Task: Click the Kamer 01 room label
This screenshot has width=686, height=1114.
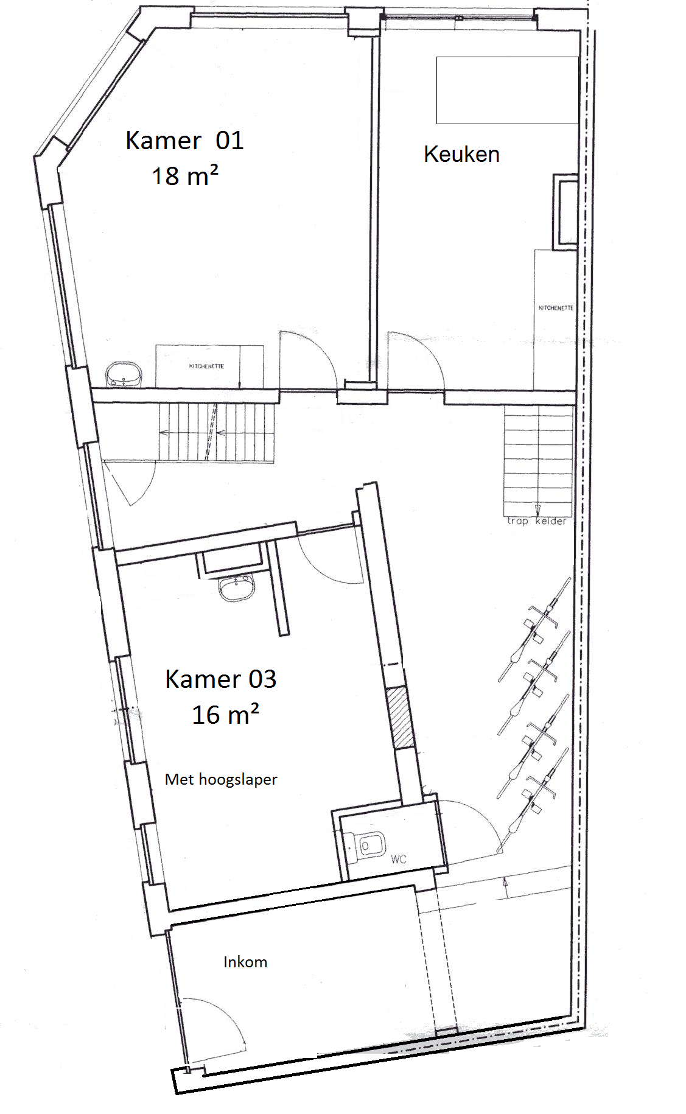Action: coord(184,140)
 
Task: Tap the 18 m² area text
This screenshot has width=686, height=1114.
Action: coord(185,176)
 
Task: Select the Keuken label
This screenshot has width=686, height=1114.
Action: coord(461,154)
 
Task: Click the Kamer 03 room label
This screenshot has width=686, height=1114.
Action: coord(220,679)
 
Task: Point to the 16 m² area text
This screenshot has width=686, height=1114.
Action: coord(225,714)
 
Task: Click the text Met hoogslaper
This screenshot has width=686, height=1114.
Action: coord(221,779)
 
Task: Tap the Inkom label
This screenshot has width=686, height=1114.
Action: coord(245,962)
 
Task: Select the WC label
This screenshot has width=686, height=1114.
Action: coord(399,859)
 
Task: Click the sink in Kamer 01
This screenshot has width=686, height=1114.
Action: coord(123,374)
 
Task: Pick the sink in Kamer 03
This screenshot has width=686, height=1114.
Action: coord(237,588)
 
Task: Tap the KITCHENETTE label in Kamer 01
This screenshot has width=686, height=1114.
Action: coord(206,366)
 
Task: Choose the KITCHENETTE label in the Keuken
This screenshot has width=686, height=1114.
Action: coord(556,308)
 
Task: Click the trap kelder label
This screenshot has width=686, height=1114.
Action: coord(536,521)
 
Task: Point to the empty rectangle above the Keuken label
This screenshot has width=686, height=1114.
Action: coord(507,90)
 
